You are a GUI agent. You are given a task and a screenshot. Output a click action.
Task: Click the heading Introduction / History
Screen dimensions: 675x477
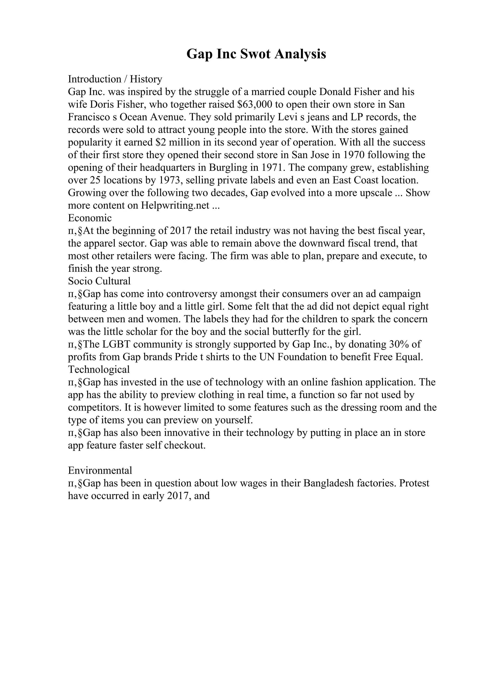[x=115, y=79]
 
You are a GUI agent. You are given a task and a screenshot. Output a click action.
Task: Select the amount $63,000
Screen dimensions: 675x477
[x=255, y=104]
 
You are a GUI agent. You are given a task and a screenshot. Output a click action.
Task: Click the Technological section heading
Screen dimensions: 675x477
[x=99, y=370]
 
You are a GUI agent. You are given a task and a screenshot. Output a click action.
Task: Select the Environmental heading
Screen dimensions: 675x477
[x=100, y=471]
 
